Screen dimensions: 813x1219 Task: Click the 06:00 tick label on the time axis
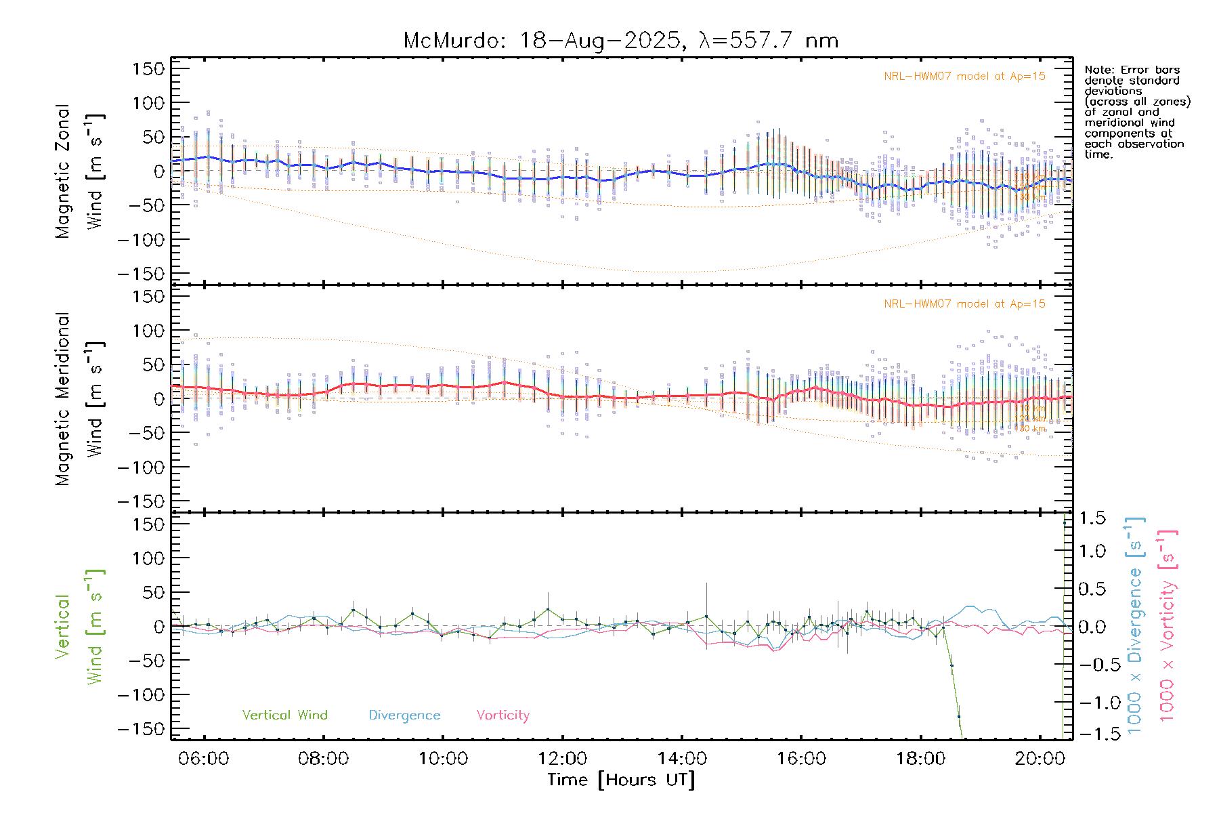click(x=203, y=759)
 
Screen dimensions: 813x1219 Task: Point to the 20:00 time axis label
click(x=1040, y=759)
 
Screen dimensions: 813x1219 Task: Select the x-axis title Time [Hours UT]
click(x=621, y=780)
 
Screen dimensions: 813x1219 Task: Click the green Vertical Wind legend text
click(x=284, y=715)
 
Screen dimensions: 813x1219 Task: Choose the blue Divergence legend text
click(x=404, y=715)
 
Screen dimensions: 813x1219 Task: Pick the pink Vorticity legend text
click(x=502, y=715)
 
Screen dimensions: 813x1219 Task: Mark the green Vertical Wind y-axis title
click(x=78, y=627)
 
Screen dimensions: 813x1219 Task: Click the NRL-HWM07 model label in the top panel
click(x=964, y=77)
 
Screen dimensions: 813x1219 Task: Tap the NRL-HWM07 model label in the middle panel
click(x=964, y=304)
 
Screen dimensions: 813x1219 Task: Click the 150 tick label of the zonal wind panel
click(x=148, y=68)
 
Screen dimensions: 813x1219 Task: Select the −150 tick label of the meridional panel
click(x=141, y=501)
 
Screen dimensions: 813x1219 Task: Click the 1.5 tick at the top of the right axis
click(x=1092, y=518)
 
